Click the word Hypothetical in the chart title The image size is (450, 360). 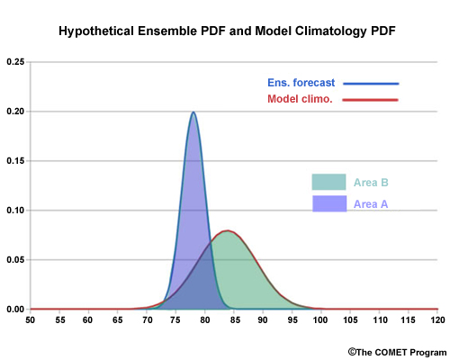[96, 31]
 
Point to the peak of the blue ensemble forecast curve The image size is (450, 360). [193, 112]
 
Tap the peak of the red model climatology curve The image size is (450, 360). [228, 230]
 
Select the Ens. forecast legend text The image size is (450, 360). [301, 83]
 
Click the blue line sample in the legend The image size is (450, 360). [371, 84]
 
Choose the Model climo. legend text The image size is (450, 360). [300, 99]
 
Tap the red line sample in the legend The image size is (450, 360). [370, 100]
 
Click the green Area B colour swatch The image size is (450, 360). [328, 182]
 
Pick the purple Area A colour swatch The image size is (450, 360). [329, 203]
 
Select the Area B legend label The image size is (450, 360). [371, 183]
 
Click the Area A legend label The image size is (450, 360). [371, 204]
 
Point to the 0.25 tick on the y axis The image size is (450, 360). [15, 62]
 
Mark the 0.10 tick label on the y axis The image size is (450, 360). [15, 211]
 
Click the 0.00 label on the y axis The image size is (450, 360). [15, 310]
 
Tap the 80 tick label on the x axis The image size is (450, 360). [205, 320]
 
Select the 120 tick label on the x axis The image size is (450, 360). [437, 320]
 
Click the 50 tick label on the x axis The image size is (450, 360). [30, 320]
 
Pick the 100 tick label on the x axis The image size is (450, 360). [320, 320]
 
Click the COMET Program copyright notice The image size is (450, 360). [397, 352]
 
